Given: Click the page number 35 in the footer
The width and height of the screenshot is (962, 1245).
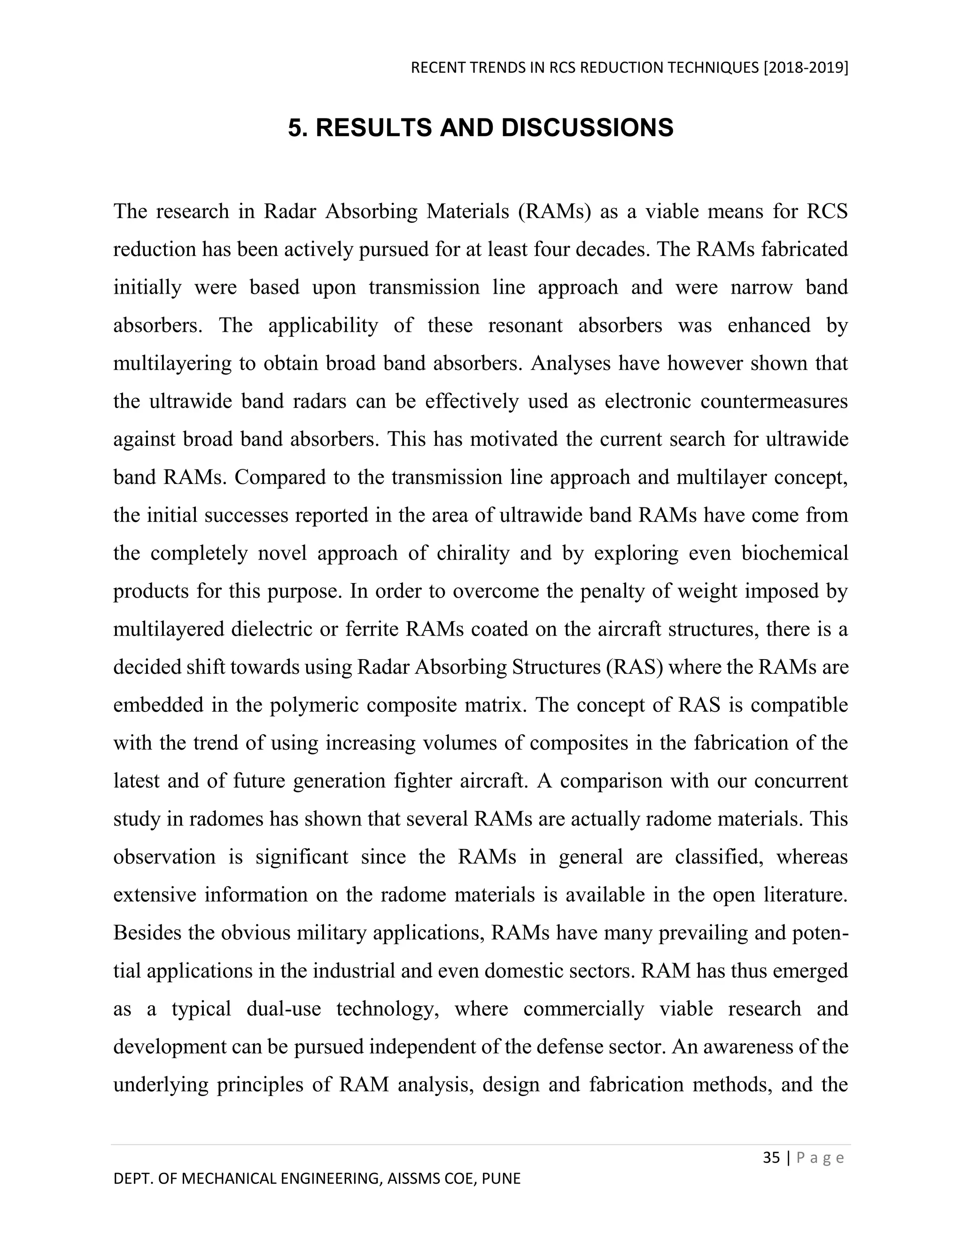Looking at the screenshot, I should click(771, 1158).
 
